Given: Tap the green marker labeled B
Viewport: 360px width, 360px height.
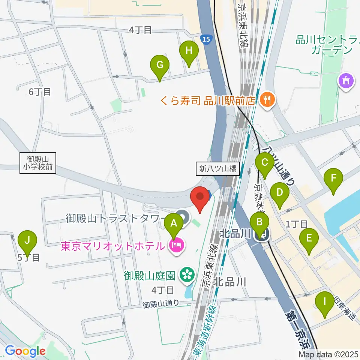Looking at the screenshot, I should tap(259, 222).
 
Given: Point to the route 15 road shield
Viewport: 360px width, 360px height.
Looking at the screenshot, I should tap(205, 39).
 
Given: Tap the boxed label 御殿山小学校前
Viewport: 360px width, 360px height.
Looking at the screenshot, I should tap(38, 163).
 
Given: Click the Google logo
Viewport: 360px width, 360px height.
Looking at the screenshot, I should tap(25, 351).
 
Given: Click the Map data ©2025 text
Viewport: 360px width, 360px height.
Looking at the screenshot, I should tap(328, 354).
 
